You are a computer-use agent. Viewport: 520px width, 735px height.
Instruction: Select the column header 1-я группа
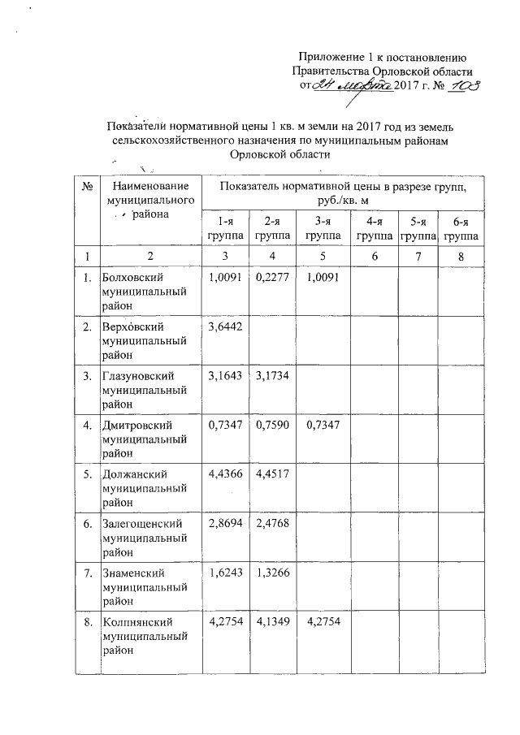click(224, 228)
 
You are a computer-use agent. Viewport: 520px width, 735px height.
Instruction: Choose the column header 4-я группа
click(372, 228)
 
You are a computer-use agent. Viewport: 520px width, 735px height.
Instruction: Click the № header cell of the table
click(86, 187)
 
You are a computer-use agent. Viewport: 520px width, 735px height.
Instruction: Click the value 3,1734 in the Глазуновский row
click(271, 376)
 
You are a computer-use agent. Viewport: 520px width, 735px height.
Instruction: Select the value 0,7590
click(271, 425)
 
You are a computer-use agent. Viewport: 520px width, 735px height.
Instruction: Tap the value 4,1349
click(271, 622)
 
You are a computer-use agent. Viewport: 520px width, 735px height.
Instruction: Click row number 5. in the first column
click(86, 474)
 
